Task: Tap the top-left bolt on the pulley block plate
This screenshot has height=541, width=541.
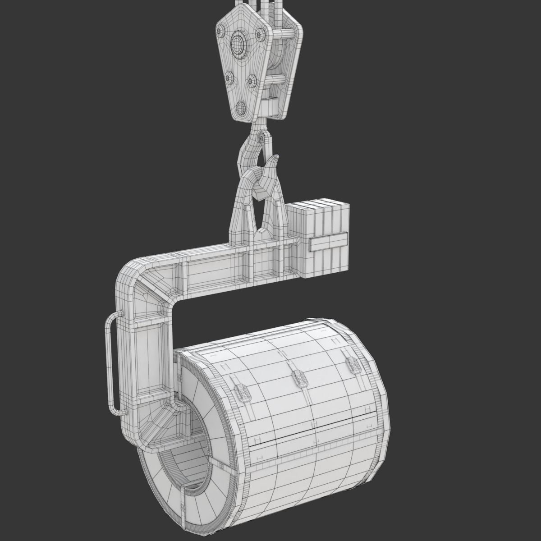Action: tap(220, 31)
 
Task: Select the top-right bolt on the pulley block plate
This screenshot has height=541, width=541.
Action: tap(260, 34)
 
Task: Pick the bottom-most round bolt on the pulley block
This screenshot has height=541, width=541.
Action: tap(241, 107)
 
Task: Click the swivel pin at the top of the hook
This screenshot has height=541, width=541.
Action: tap(262, 138)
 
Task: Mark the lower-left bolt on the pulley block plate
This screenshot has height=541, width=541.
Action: tap(229, 78)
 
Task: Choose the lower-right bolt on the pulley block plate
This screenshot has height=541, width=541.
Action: tap(252, 81)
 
